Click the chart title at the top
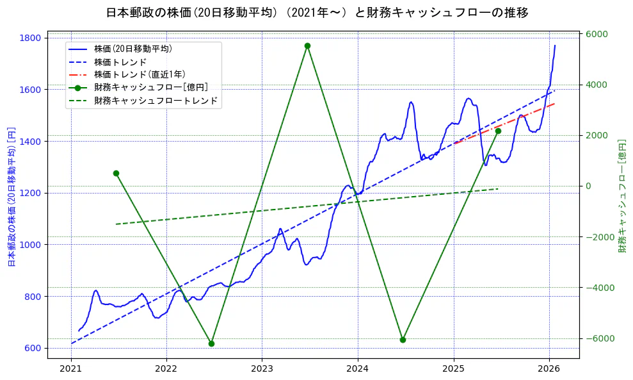point(317,12)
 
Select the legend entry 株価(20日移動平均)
point(132,49)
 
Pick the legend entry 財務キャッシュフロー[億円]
point(150,88)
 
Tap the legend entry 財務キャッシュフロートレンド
point(156,101)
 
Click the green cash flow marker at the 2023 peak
point(307,46)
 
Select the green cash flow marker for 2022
point(211,343)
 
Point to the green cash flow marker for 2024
point(403,340)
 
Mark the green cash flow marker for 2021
point(116,173)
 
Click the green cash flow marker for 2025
point(498,131)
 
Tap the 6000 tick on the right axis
point(598,34)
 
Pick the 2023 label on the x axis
point(262,369)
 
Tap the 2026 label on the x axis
point(549,369)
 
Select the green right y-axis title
point(621,195)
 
